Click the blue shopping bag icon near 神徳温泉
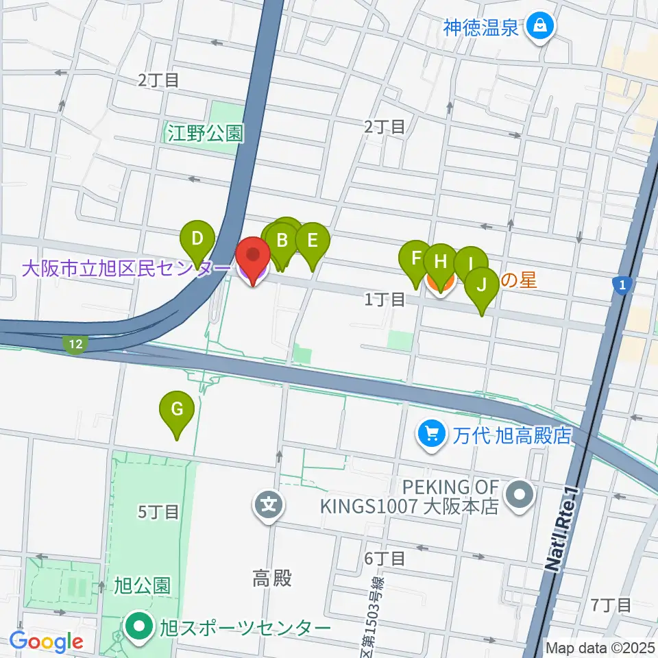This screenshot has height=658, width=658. [x=541, y=27]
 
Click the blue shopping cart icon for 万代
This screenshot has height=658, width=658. [x=432, y=434]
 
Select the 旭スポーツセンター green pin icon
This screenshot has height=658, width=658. [x=140, y=626]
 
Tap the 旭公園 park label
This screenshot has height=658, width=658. [x=143, y=587]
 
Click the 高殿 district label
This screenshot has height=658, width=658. [x=271, y=579]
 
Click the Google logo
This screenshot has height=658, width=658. [x=47, y=642]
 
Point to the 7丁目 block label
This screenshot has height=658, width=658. [x=611, y=605]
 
